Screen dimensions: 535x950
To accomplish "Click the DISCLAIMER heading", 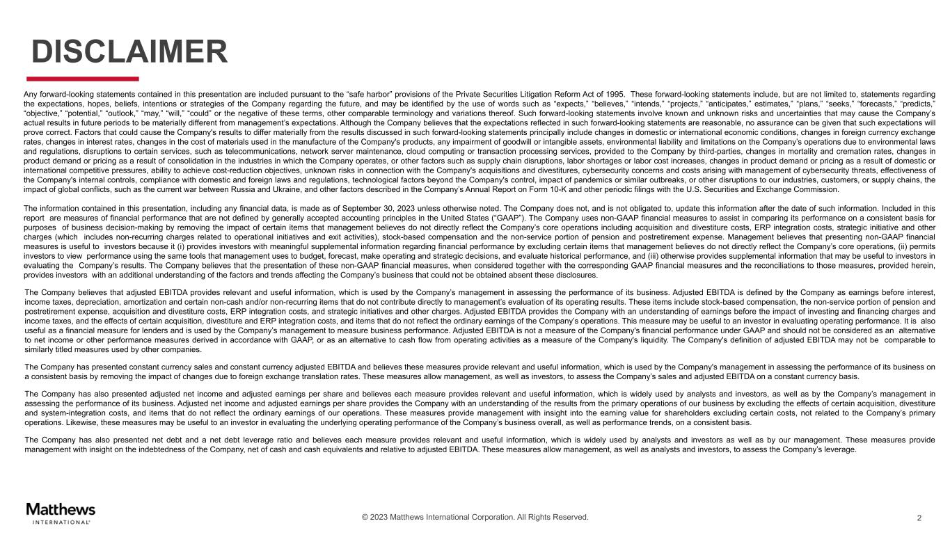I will pyautogui.click(x=130, y=51).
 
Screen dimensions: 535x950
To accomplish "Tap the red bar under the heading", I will pyautogui.click(x=83, y=79).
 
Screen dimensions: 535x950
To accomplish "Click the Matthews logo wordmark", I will pyautogui.click(x=61, y=509).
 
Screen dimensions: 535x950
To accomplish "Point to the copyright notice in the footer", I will pyautogui.click(x=475, y=517).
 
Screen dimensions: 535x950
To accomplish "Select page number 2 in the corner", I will pyautogui.click(x=919, y=518).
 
